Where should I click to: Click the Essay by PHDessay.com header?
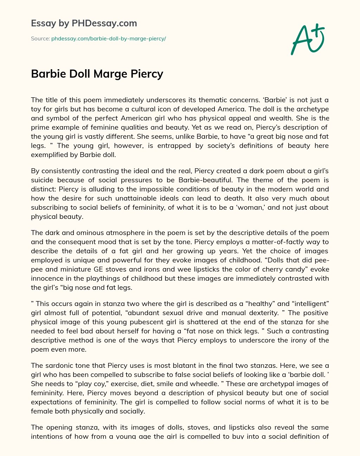click(x=84, y=24)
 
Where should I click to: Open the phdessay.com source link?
click(x=108, y=39)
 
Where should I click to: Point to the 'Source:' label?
click(x=40, y=39)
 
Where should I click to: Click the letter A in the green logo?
click(x=301, y=40)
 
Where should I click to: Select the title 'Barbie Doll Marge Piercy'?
click(x=97, y=74)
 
